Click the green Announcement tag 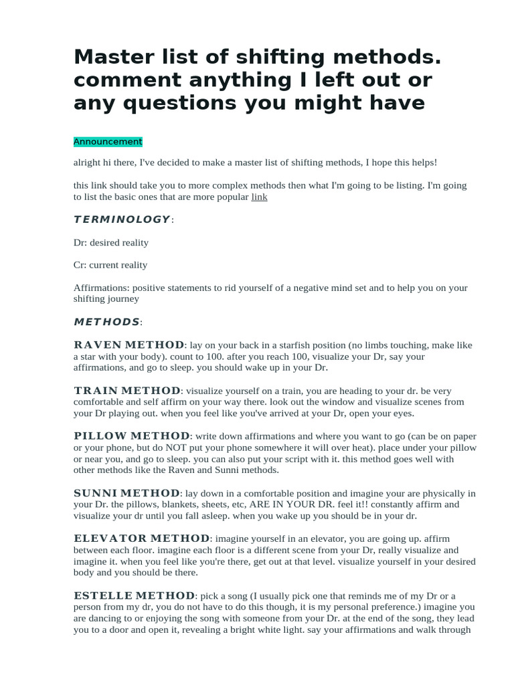(x=108, y=142)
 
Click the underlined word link (x=259, y=197)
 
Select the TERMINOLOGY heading (x=122, y=219)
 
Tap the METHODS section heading (x=106, y=322)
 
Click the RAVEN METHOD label (x=128, y=345)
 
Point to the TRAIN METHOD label (x=126, y=391)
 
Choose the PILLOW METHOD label (x=132, y=436)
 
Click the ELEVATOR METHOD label (x=141, y=539)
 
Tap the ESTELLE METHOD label (x=134, y=595)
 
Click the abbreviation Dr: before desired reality (x=80, y=242)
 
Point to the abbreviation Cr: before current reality (x=80, y=265)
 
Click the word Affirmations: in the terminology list (x=103, y=288)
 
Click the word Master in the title (x=113, y=58)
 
